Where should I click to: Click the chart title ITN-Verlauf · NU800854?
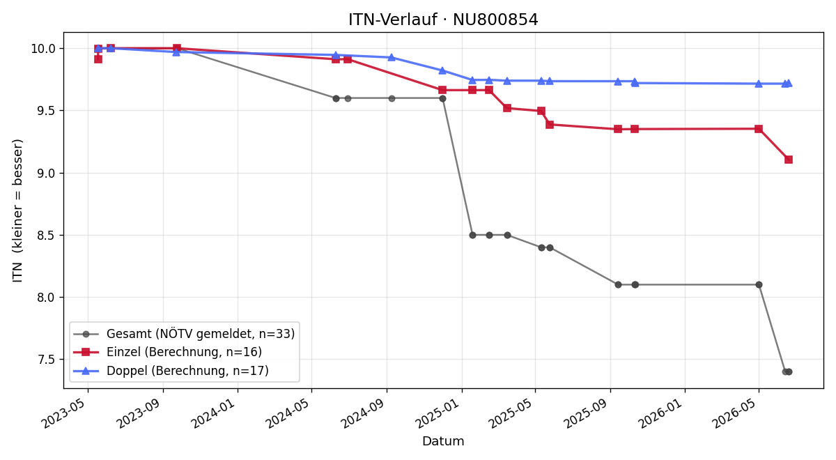[x=443, y=20]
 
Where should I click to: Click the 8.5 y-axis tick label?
[x=46, y=236]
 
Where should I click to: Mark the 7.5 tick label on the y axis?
[x=46, y=360]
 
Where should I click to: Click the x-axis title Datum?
[x=443, y=441]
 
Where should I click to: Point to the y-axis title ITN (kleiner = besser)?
[x=17, y=210]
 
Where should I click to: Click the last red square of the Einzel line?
[x=788, y=160]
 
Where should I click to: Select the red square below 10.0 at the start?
[x=98, y=59]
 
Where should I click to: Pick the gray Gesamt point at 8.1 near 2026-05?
[x=759, y=284]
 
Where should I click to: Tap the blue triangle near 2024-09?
[x=392, y=57]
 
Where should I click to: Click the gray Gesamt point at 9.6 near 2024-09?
[x=392, y=98]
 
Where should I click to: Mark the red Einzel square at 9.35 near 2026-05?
[x=759, y=129]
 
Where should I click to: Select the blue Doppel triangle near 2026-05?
[x=759, y=84]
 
